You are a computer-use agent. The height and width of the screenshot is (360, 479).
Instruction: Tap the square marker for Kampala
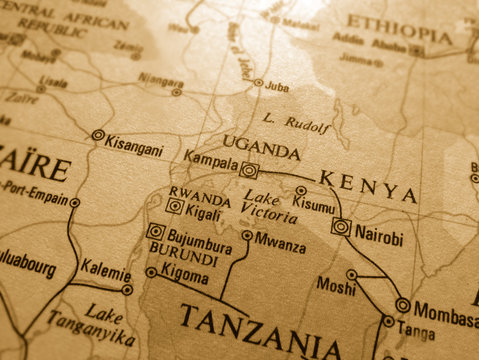249,170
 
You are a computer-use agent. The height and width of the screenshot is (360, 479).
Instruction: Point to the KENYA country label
367,187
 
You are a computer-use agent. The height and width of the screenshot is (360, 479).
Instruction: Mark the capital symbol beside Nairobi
342,227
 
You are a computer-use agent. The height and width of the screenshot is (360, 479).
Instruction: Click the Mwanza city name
280,239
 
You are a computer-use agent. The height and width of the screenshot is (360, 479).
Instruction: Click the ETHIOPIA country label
398,30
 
